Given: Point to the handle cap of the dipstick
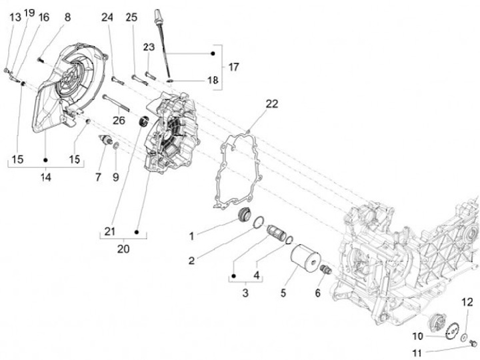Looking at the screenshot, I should (159, 15).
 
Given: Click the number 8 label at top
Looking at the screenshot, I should (67, 16).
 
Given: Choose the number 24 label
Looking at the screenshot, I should (107, 17).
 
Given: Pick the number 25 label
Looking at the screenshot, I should (131, 17).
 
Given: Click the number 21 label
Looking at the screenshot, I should (110, 231).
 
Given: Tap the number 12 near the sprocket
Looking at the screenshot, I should (467, 301).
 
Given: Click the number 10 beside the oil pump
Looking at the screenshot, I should (418, 336).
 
